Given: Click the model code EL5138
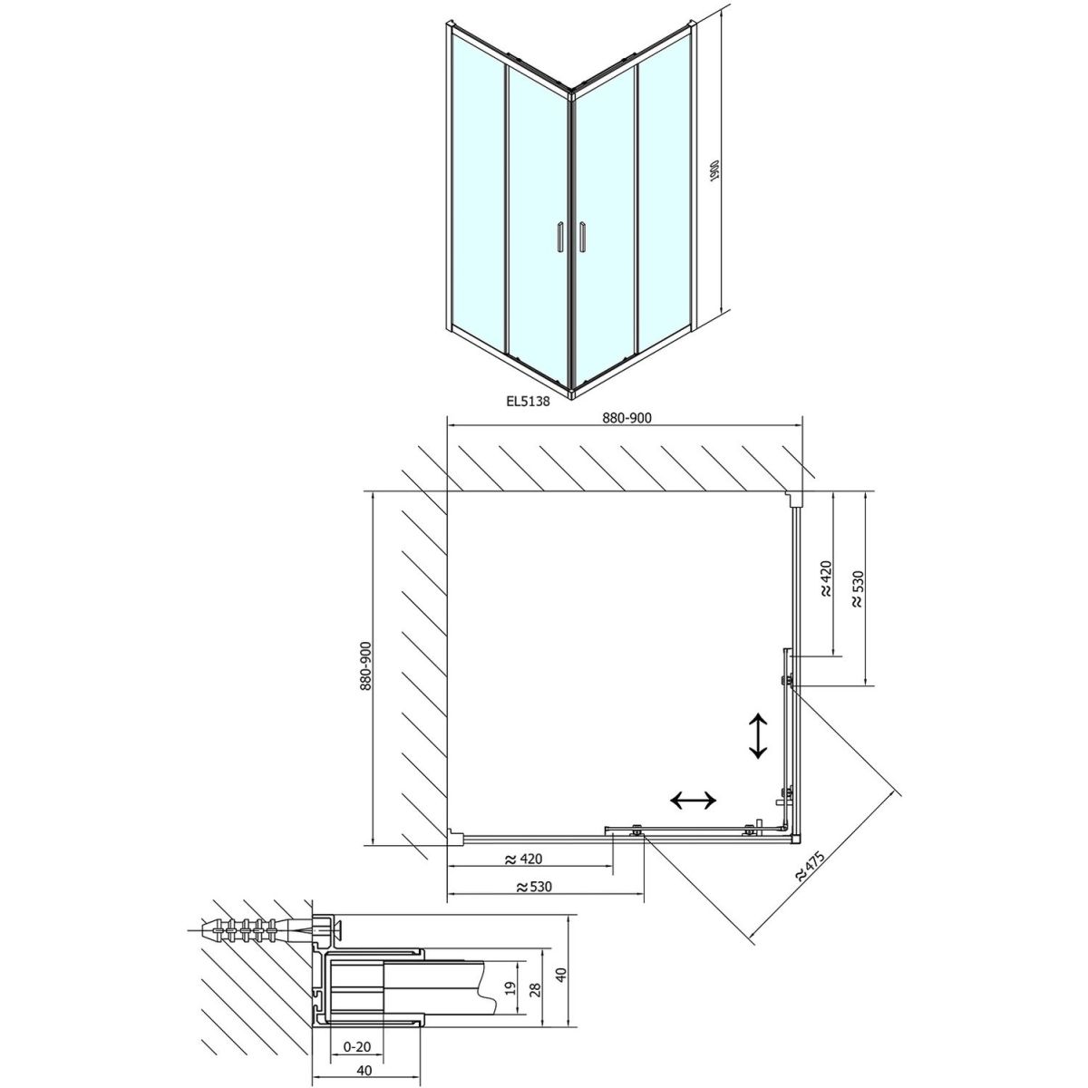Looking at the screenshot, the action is point(528,401).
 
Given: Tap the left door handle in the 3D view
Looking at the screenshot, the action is point(164,236).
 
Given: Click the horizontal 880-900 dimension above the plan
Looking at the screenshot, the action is point(627,417).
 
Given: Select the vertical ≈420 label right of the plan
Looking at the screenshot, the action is point(825,578).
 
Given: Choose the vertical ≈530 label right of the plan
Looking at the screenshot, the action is point(857,589).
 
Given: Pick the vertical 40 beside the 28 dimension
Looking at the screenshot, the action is point(560,975).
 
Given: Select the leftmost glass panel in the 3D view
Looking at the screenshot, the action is point(478,190).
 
